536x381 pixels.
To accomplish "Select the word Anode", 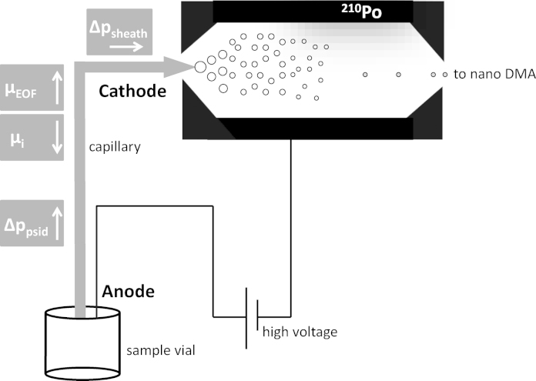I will [129, 292].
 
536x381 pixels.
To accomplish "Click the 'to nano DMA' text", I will [492, 74].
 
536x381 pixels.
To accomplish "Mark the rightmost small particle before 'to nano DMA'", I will [444, 74].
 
